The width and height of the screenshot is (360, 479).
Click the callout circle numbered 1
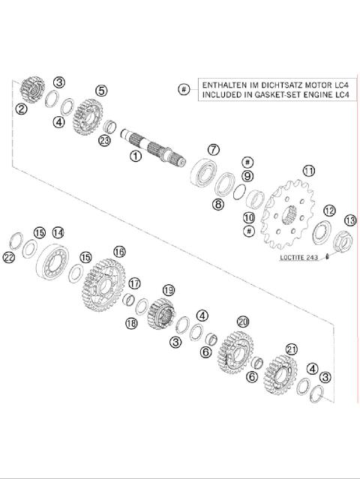tap(135, 157)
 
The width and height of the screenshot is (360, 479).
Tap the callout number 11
tap(307, 171)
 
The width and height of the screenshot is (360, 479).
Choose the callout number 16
tap(119, 251)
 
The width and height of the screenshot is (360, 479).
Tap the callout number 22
tap(9, 257)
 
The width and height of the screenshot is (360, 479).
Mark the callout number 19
tap(168, 289)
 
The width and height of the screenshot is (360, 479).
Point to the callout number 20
tap(241, 321)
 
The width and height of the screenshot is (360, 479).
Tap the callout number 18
tap(130, 323)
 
